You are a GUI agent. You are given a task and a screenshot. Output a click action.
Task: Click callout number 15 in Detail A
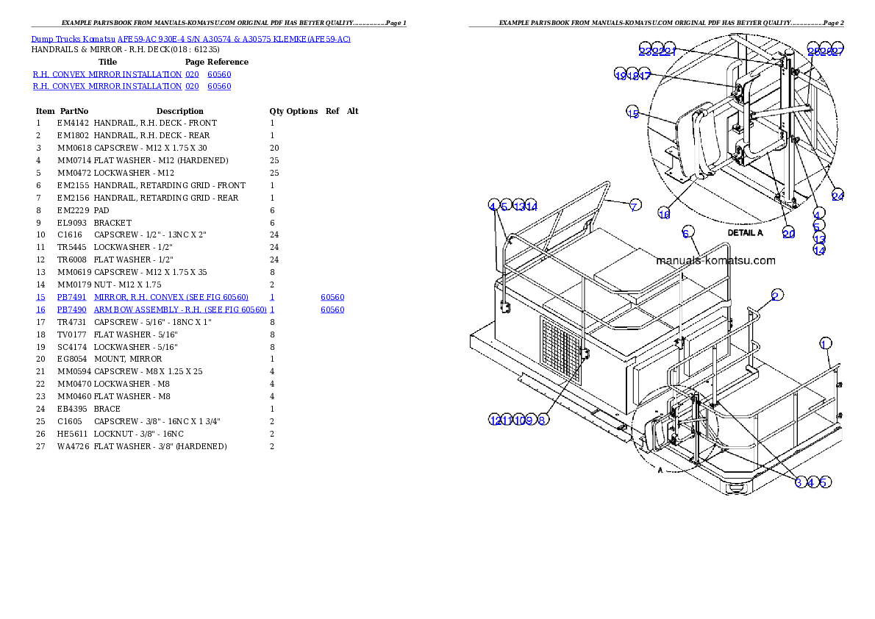pos(633,112)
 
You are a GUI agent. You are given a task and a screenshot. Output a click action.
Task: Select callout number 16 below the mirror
pos(664,214)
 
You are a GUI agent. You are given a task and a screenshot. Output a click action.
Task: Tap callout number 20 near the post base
pos(788,233)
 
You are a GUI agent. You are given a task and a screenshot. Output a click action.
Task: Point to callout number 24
pos(838,195)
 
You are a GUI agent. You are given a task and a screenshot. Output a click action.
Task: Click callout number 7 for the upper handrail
pos(634,205)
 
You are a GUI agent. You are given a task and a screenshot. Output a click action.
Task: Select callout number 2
pos(776,295)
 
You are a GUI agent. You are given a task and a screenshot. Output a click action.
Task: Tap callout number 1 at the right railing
pos(825,343)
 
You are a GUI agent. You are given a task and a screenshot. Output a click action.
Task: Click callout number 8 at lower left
pos(542,420)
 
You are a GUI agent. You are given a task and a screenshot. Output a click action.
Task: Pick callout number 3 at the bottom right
pos(799,482)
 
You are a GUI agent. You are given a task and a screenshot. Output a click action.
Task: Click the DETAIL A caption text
pos(745,232)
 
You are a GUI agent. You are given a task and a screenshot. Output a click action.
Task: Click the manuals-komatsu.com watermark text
pos(715,260)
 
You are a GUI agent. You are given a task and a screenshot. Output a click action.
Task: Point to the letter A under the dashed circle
pos(660,470)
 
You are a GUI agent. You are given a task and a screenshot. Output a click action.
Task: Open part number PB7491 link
pos(72,297)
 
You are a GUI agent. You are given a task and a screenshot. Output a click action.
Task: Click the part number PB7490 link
pos(72,310)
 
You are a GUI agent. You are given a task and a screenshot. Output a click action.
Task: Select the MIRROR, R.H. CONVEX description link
pos(171,297)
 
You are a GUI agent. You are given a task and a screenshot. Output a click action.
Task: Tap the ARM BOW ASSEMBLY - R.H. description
pos(179,310)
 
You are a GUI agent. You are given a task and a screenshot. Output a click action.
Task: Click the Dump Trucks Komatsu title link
pos(190,39)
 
